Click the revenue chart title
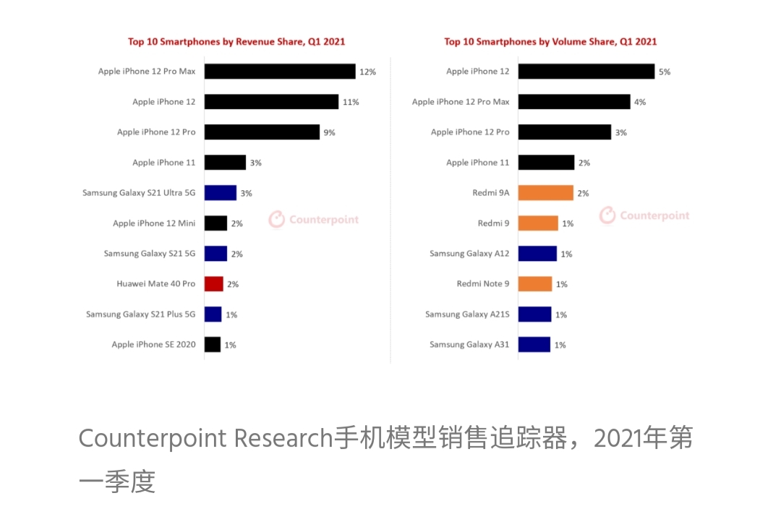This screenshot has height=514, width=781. tap(236, 42)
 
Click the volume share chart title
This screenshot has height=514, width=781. tap(550, 42)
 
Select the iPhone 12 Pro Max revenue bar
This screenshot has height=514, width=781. tap(280, 72)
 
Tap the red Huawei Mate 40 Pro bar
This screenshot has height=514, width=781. tap(213, 284)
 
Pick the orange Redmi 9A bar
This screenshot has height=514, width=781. tap(546, 193)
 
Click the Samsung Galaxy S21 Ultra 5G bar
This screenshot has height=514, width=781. tap(221, 193)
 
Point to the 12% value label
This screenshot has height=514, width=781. tap(367, 72)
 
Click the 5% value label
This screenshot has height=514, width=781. tap(664, 72)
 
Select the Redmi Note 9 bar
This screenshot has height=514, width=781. tap(535, 284)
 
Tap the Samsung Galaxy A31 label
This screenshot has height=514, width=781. tap(469, 345)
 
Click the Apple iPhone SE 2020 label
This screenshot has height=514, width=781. tap(153, 345)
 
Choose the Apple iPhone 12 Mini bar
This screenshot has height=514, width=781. tap(215, 223)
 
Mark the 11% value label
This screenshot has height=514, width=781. tap(351, 103)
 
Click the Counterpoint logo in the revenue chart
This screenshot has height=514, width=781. tap(314, 219)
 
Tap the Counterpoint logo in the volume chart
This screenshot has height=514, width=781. tap(644, 215)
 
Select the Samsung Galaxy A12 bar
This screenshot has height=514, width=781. tap(537, 254)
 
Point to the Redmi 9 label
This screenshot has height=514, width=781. tap(493, 223)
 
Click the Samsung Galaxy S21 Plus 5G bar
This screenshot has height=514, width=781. tap(213, 314)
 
